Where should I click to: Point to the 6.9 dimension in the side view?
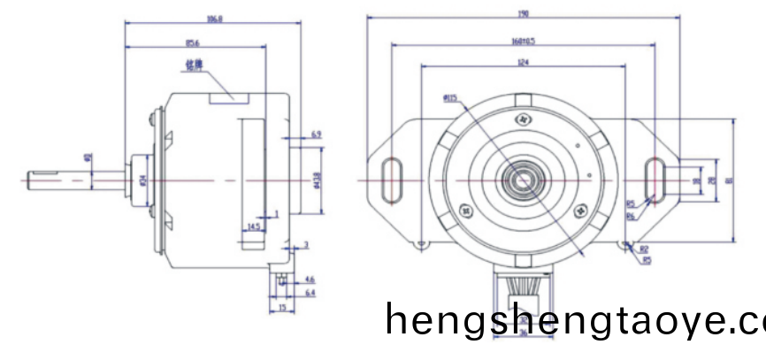tap(316, 134)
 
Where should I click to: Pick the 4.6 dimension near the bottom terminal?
tap(309, 279)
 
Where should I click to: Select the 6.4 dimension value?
tap(309, 291)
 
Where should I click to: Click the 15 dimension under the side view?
tap(280, 307)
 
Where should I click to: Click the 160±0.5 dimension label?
tap(524, 41)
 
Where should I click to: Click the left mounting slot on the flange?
tap(390, 179)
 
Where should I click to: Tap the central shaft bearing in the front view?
tap(522, 180)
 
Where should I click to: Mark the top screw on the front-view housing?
tap(523, 116)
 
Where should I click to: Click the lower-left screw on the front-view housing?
tap(466, 211)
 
